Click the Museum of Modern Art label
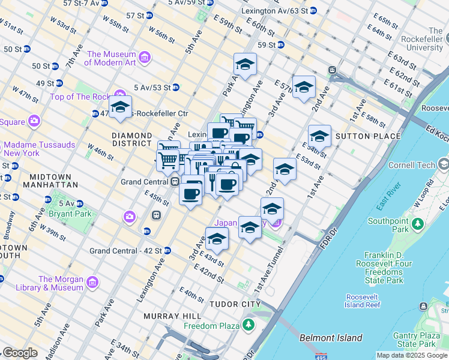[110, 58]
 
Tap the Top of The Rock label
[79, 97]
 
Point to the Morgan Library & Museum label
[61, 283]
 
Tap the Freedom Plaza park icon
[248, 325]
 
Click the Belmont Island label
[331, 338]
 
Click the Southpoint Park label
[388, 224]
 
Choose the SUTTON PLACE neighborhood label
[368, 136]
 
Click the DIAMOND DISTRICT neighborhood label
[131, 140]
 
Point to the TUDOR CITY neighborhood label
[235, 304]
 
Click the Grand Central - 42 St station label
[125, 250]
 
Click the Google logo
[20, 353]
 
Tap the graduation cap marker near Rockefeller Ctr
[120, 107]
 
